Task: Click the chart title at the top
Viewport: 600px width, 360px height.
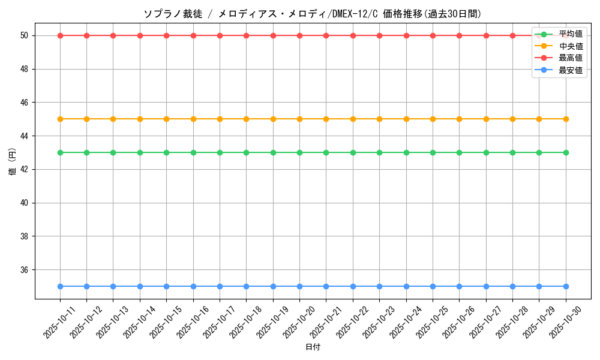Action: [x=312, y=14]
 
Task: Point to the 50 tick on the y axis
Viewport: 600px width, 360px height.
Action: [x=25, y=36]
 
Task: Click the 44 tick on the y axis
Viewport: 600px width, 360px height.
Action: [x=25, y=136]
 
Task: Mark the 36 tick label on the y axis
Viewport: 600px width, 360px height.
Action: [x=25, y=270]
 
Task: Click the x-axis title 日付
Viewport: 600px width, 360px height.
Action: [x=313, y=347]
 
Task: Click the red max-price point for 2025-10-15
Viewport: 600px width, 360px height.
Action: [x=166, y=35]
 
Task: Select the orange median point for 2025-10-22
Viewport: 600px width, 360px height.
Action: [x=353, y=119]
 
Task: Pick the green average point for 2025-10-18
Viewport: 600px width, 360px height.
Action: [x=246, y=152]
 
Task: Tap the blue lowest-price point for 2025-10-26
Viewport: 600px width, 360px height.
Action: [x=459, y=286]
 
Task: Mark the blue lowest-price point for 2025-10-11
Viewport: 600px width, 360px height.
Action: [x=60, y=286]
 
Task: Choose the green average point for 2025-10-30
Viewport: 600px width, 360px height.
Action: [x=566, y=152]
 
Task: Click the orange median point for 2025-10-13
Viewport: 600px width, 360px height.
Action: [x=113, y=119]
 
